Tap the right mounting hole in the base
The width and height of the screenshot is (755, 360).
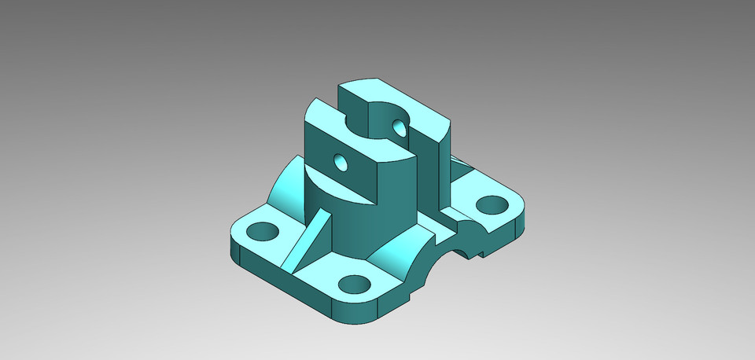click(x=492, y=205)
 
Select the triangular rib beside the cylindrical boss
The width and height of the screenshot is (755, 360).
click(x=309, y=236)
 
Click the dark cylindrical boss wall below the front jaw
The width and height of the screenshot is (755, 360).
click(x=354, y=228)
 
